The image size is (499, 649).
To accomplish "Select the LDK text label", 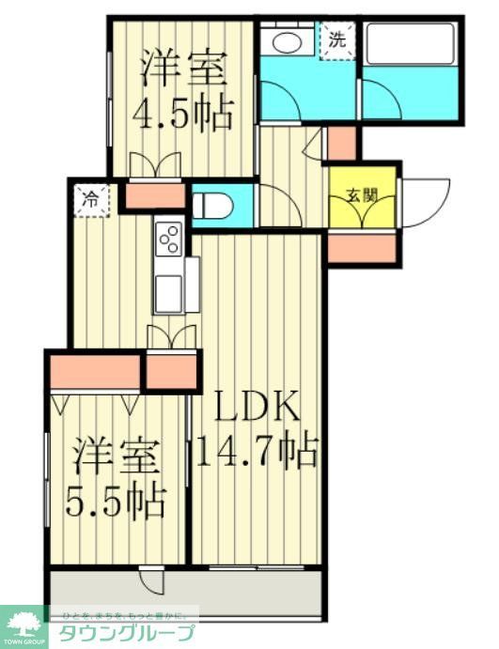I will click(255, 409).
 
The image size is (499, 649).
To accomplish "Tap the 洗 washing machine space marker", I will click(335, 40).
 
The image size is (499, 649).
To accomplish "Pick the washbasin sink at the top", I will click(288, 41).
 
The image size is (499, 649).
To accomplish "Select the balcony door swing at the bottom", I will click(148, 581).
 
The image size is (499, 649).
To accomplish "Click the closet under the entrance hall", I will click(361, 247).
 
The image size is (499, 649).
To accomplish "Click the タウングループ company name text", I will click(127, 633).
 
